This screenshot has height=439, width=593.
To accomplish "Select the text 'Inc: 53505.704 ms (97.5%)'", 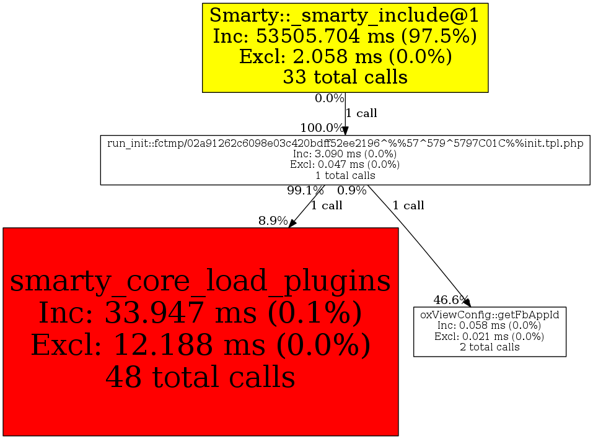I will tap(345, 36).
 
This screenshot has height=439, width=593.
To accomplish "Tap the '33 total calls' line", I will tap(345, 77).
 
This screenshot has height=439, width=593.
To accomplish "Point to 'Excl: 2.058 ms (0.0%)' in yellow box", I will tap(345, 56).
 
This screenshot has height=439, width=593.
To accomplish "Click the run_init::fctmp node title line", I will tap(345, 143).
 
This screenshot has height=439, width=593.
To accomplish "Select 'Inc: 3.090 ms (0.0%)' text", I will tap(345, 154).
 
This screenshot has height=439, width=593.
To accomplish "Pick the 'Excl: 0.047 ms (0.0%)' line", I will tap(345, 165).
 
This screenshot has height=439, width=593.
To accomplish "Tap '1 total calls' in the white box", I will tap(345, 175).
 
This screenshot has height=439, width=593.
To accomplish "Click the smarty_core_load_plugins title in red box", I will tap(200, 281).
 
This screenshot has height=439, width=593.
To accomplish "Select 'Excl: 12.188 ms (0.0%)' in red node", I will tap(200, 345).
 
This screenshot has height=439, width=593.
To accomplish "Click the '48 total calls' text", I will tap(200, 376).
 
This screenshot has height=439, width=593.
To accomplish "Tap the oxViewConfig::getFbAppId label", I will tap(490, 315).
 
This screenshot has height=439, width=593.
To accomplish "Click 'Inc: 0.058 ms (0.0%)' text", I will tap(490, 326).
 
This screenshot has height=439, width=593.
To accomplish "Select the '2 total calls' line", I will tap(490, 347).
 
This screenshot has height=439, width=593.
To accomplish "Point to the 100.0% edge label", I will tap(321, 128).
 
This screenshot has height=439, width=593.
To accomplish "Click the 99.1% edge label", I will tap(305, 191).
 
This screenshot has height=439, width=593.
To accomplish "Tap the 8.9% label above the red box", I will tap(273, 221).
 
